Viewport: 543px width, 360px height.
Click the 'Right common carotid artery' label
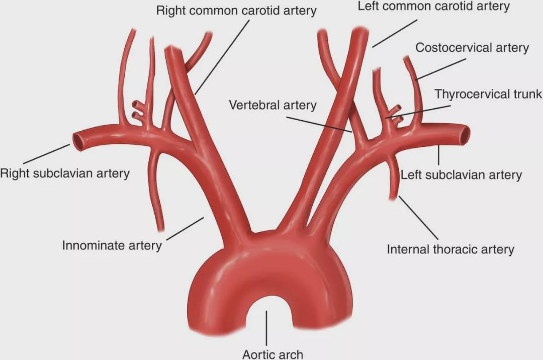236,11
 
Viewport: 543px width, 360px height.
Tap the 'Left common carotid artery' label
433,6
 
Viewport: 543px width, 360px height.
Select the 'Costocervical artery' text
472,47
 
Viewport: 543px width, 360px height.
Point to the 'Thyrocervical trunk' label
488,94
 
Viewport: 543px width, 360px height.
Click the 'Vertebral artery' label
273,105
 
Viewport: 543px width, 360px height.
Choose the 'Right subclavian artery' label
65,173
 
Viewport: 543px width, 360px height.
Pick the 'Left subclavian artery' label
461,175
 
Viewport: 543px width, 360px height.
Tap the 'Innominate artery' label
112,245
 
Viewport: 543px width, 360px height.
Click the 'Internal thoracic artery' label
450,249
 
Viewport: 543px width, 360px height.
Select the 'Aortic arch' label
273,354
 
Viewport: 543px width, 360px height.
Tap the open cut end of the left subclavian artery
465,135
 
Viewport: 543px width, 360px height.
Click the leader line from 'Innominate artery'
185,228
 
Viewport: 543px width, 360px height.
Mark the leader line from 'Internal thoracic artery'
418,218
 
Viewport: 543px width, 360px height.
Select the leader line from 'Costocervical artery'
441,69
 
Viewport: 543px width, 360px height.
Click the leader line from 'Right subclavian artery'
47,154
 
